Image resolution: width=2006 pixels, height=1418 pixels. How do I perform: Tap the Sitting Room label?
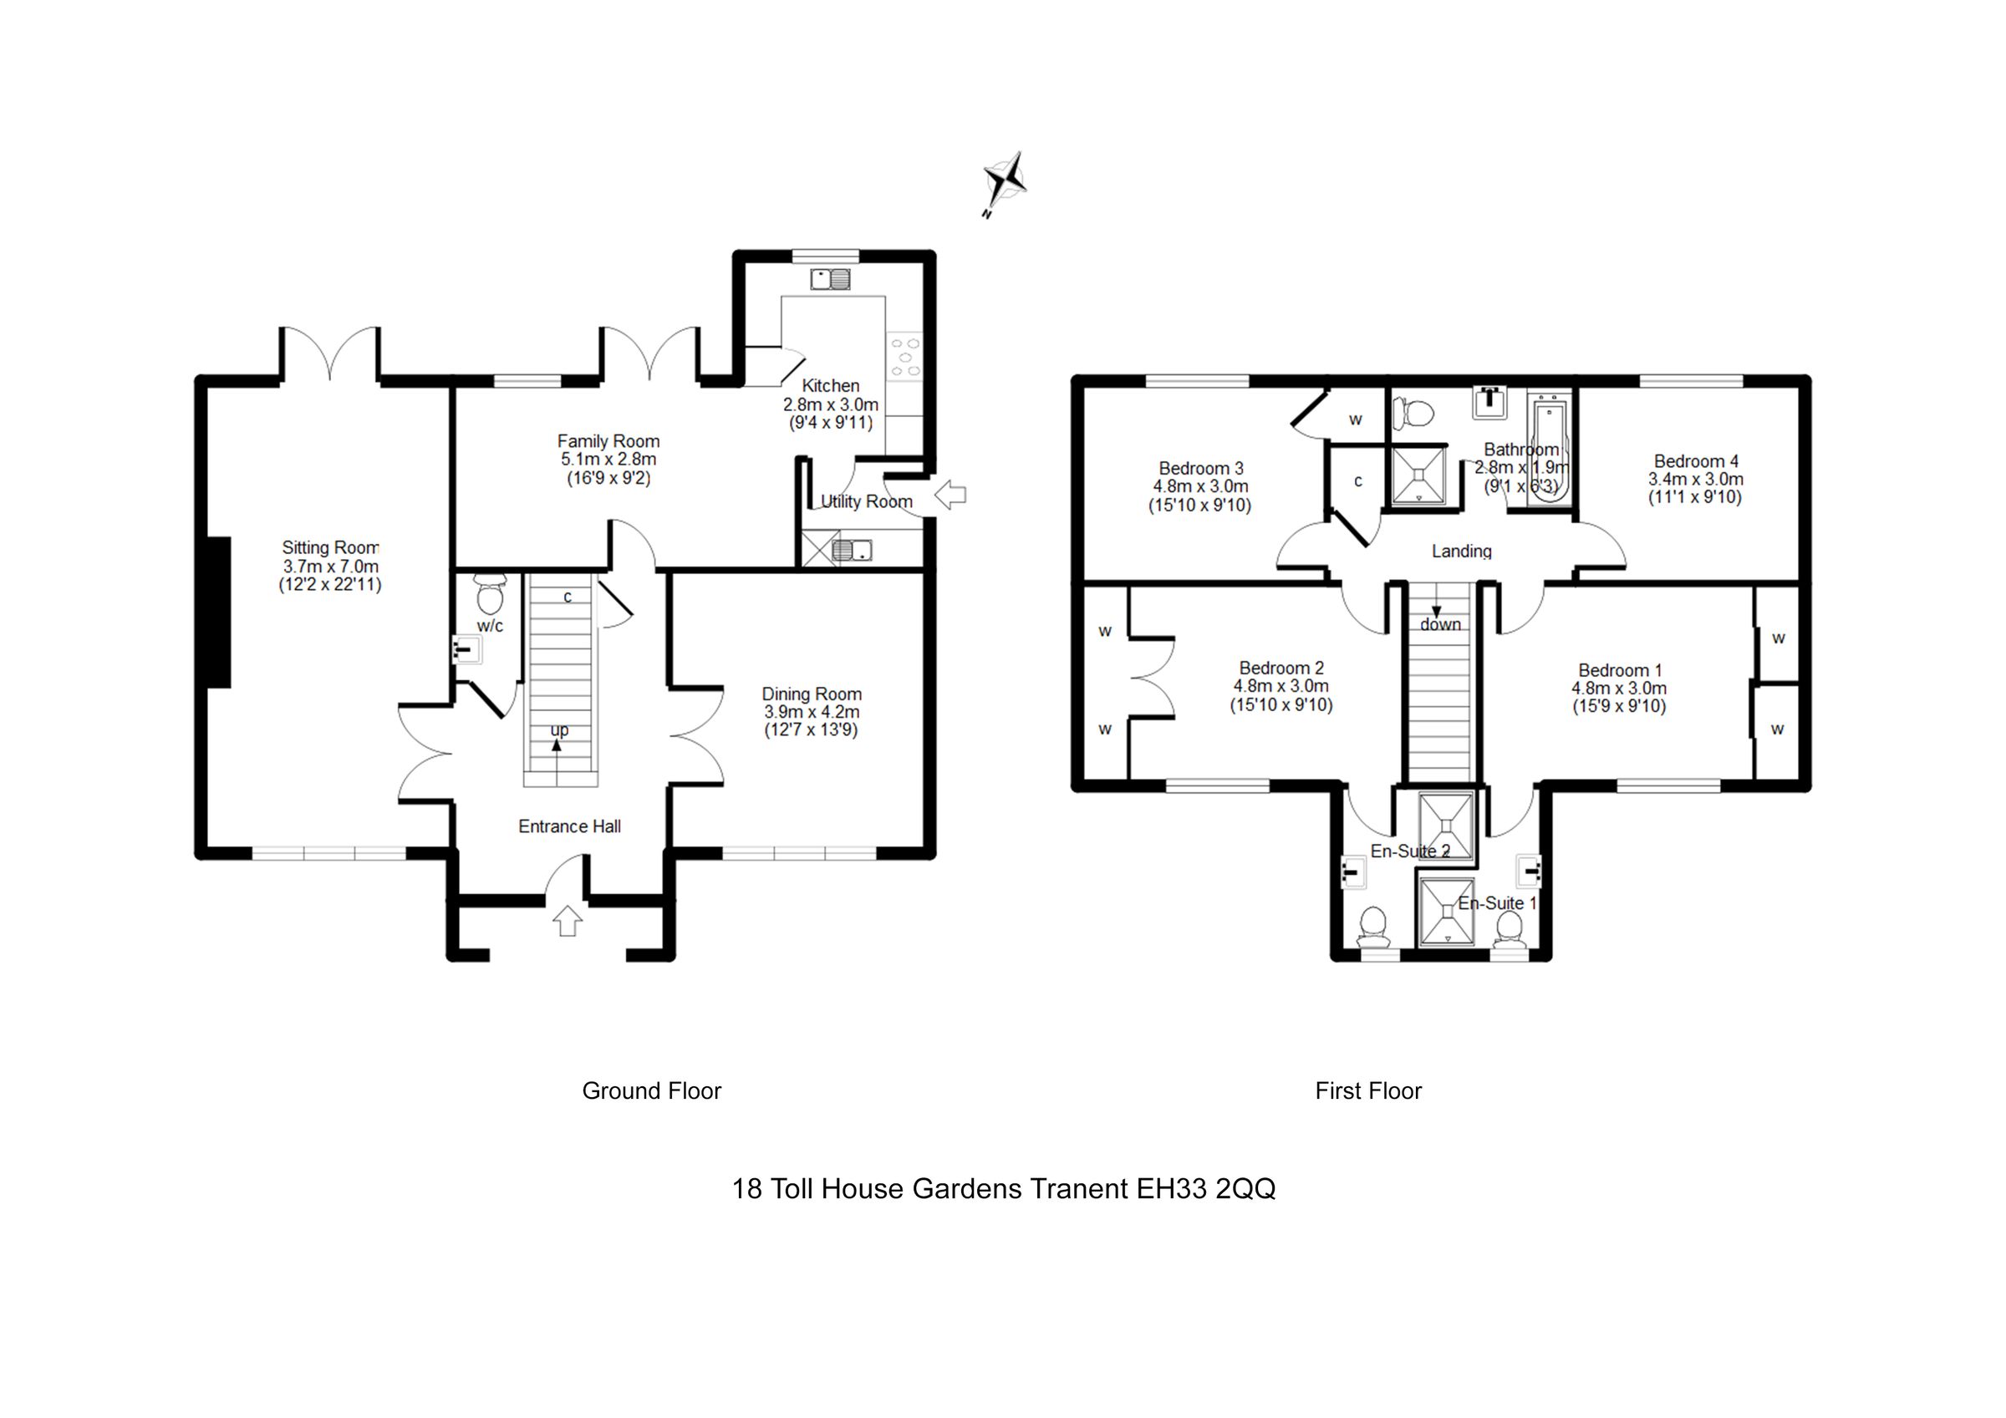330,548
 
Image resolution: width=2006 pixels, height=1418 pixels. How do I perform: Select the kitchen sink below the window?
830,280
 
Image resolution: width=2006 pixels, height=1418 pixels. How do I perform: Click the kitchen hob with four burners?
904,358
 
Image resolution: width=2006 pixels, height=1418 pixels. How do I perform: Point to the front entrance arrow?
568,921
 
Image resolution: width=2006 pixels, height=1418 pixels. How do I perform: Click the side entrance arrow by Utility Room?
950,495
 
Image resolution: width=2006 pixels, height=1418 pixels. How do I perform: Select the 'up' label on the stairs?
559,729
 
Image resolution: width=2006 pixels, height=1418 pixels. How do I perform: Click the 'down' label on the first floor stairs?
1440,625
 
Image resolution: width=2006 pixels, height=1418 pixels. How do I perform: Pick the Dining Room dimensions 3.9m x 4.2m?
812,712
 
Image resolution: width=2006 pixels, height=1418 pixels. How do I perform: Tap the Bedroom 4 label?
1696,461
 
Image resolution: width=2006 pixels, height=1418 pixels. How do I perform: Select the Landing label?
1461,551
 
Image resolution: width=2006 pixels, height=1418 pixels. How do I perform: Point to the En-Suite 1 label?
1497,903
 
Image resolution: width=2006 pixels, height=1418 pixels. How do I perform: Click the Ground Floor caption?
651,1091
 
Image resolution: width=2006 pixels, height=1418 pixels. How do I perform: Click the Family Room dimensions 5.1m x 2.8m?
608,460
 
